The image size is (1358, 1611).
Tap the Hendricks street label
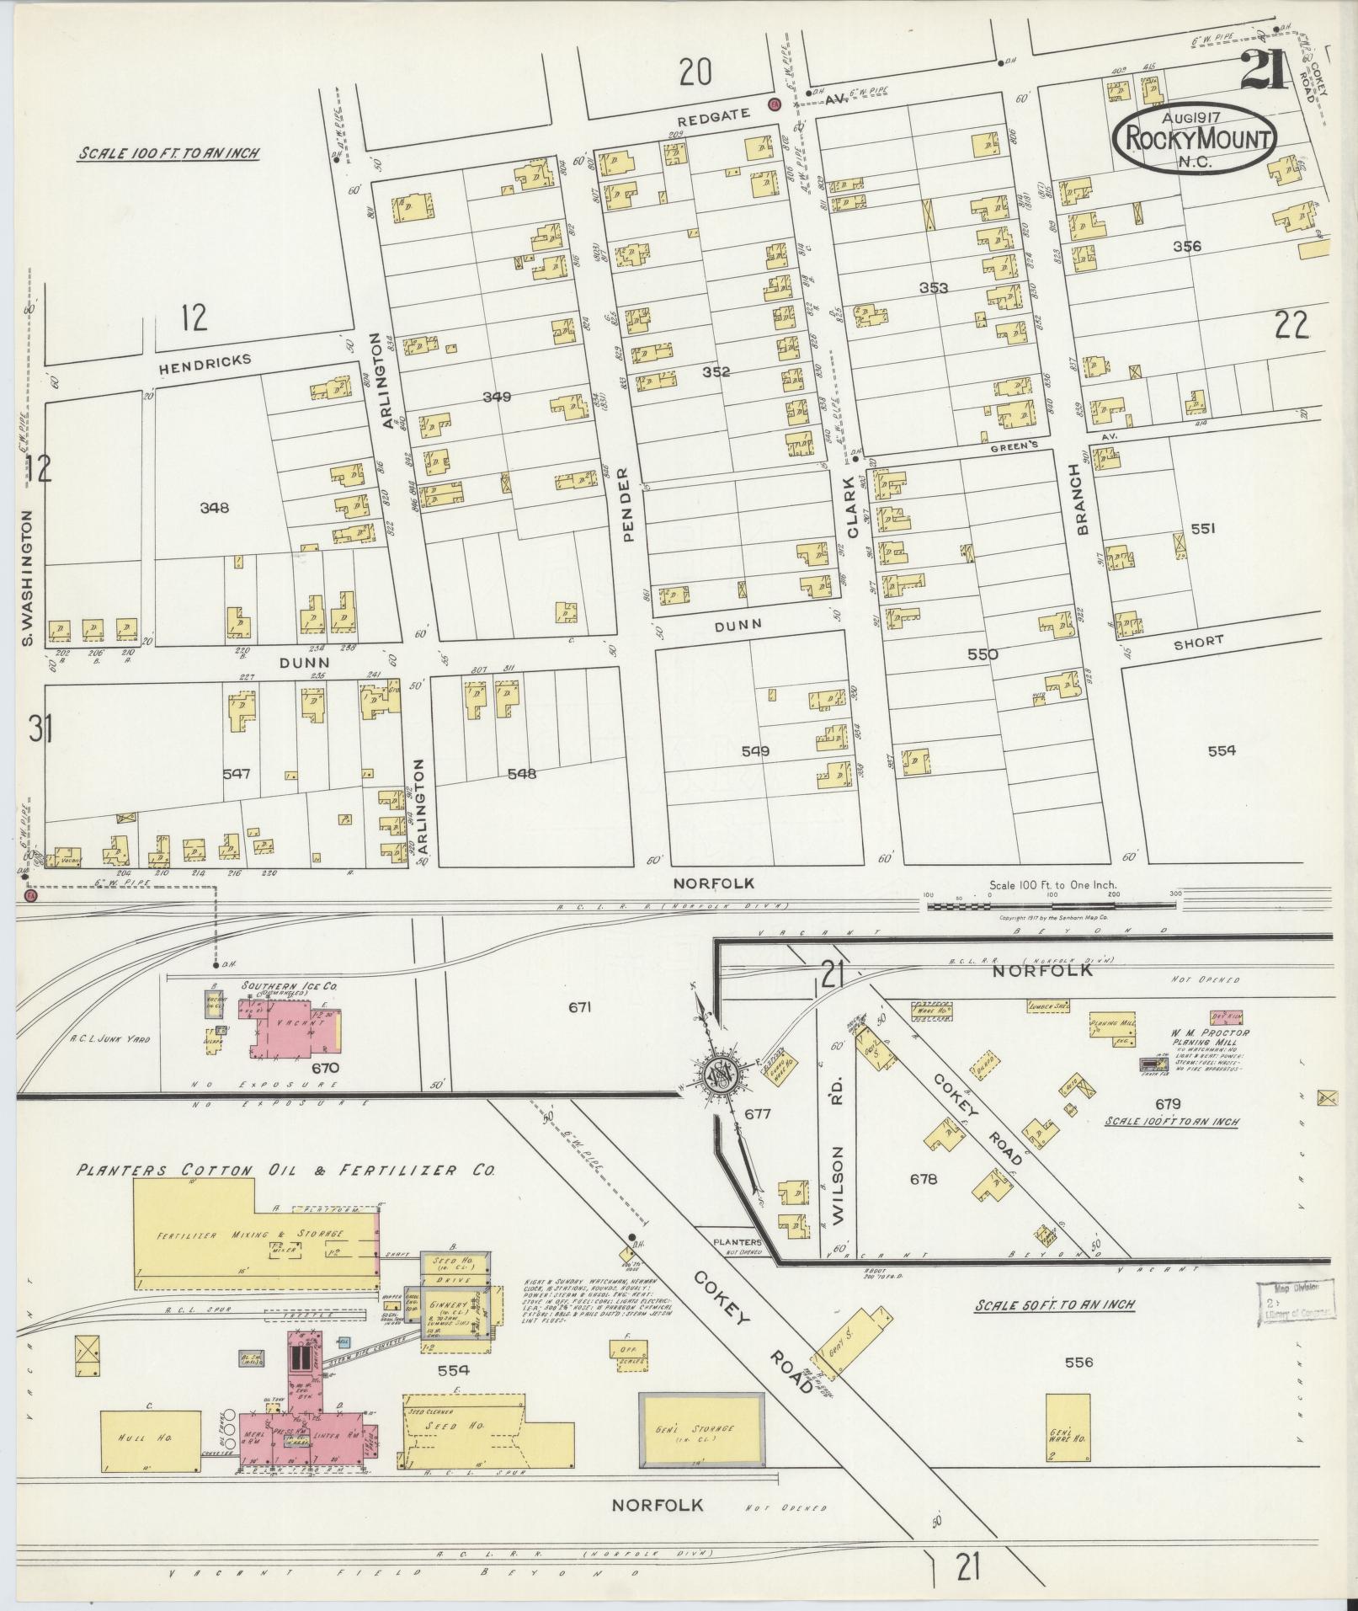(205, 360)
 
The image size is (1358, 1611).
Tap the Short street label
(1198, 642)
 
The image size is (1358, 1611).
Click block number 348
(214, 507)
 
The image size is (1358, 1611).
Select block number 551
(1203, 529)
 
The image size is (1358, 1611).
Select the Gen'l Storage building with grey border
(702, 1429)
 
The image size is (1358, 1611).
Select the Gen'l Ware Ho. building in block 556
(1068, 1432)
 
